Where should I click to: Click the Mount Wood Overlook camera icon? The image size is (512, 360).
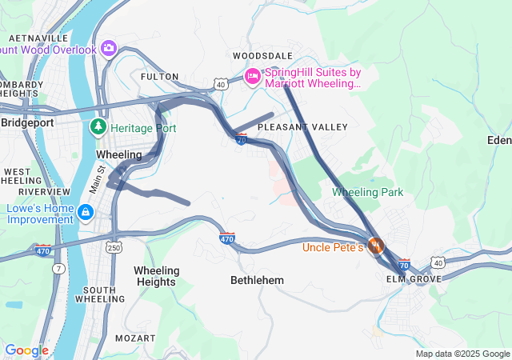tap(109, 49)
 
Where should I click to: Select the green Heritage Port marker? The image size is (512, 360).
tap(98, 127)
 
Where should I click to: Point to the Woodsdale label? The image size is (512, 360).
tap(258, 56)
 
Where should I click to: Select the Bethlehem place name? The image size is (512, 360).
tap(257, 280)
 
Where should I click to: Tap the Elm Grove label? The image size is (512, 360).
tap(414, 279)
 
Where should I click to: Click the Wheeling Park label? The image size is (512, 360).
tap(367, 192)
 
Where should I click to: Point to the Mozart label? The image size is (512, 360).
tap(134, 338)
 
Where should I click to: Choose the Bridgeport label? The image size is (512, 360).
tap(27, 122)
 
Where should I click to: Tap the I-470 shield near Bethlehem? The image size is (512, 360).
tap(227, 238)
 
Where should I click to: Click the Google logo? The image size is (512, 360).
tap(26, 350)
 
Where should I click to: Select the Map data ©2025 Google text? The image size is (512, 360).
tap(462, 354)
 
